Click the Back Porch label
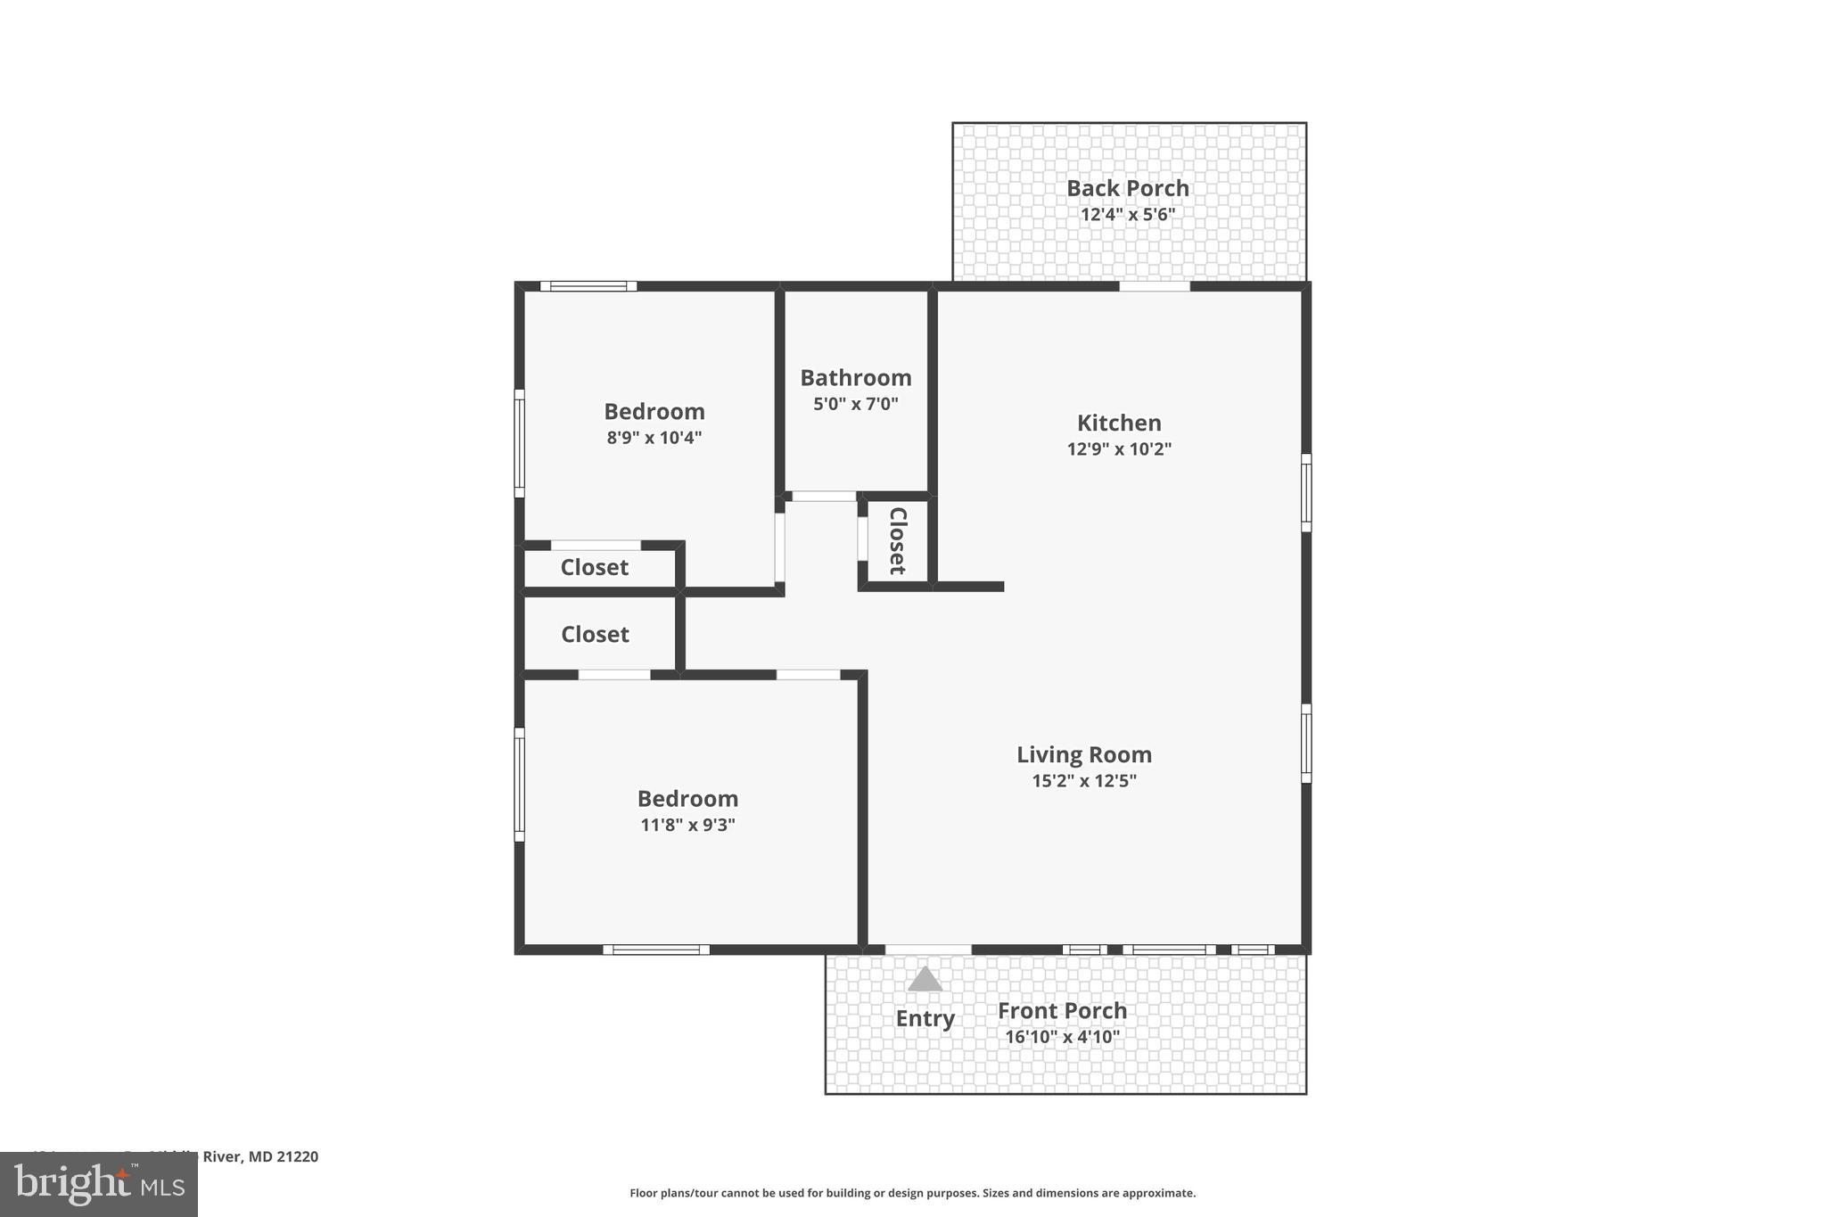point(1127,188)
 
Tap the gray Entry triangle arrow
point(925,979)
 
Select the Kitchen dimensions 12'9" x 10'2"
point(1118,449)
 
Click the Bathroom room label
point(855,377)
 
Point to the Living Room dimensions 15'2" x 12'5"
point(1083,781)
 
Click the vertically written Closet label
point(897,541)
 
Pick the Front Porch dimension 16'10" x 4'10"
point(1062,1037)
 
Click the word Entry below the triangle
point(925,1018)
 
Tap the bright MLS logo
point(98,1185)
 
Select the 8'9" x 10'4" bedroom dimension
point(654,438)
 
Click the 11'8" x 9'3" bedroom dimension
point(687,825)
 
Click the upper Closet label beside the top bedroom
point(594,567)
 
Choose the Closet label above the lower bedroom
point(595,634)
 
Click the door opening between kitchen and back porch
point(1154,286)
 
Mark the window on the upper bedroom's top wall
point(588,286)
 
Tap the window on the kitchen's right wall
point(1306,492)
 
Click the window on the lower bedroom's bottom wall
point(656,950)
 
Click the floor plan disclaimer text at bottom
point(912,1193)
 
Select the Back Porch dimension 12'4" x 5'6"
point(1127,215)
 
